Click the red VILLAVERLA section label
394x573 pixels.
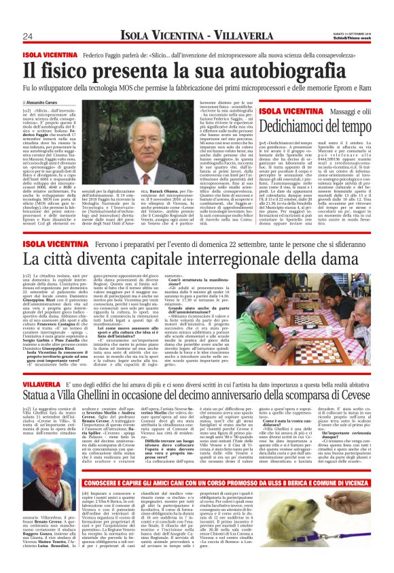(43, 366)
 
